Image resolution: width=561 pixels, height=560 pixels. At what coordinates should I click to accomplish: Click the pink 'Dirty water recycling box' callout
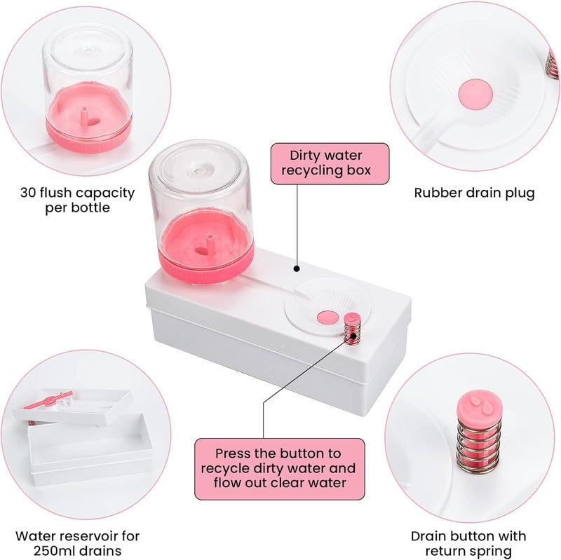[x=330, y=164]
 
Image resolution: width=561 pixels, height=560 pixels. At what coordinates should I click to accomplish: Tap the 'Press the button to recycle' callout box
[x=280, y=469]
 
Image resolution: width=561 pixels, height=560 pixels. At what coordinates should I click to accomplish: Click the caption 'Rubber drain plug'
[x=475, y=193]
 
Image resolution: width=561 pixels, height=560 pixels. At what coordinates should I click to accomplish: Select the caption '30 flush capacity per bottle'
[x=77, y=200]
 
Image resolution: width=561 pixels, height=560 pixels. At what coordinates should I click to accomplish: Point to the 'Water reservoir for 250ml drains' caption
[x=77, y=543]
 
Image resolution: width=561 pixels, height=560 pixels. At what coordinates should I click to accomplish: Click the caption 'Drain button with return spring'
[x=468, y=543]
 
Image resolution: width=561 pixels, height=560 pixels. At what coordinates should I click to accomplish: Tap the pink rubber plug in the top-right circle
[x=475, y=95]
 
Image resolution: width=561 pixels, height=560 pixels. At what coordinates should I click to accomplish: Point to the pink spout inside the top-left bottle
[x=85, y=114]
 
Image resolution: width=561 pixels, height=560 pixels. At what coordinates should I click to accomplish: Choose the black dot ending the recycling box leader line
[x=296, y=268]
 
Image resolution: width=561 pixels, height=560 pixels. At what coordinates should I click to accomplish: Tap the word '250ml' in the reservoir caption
[x=55, y=550]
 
